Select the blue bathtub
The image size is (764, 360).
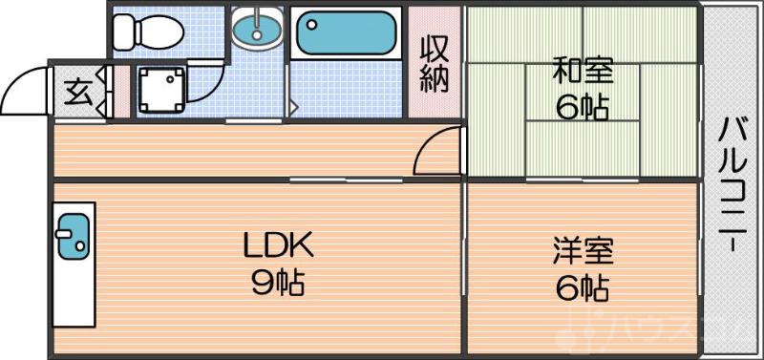(345, 35)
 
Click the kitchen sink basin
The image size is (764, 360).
(72, 235)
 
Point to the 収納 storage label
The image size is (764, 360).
(435, 64)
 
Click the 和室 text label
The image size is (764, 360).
(582, 71)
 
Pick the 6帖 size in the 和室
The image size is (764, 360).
(582, 106)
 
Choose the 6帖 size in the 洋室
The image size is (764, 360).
(582, 287)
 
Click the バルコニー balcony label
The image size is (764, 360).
(732, 181)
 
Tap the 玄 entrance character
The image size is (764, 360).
(76, 93)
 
